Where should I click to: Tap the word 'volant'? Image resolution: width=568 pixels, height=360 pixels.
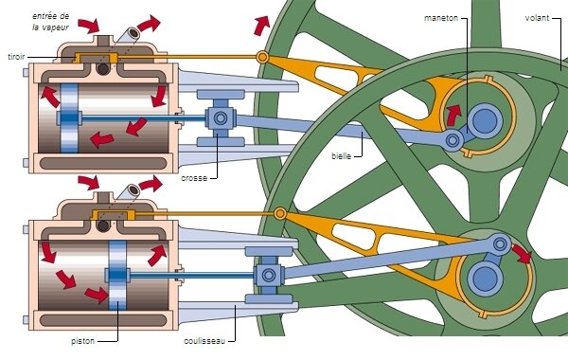541,18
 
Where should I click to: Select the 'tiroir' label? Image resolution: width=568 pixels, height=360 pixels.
15,56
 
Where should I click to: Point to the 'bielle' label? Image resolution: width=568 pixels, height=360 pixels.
344,154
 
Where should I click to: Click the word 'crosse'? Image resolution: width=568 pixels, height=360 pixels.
195,177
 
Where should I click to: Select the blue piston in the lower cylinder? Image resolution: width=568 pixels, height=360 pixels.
117,275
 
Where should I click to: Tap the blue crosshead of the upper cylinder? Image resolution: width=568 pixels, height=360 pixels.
220,117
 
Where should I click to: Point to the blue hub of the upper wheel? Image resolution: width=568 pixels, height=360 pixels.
485,120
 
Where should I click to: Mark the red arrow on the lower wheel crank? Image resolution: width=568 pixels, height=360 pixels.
522,251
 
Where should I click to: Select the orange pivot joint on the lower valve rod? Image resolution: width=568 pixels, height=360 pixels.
280,215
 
